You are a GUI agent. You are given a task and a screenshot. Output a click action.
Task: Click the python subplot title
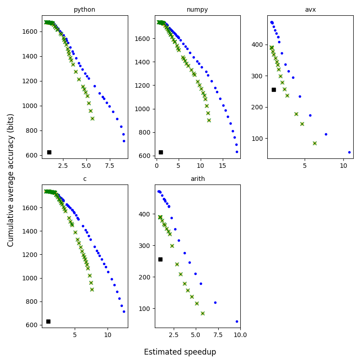coord(85,9)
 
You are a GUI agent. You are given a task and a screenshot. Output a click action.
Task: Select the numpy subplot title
coord(197,9)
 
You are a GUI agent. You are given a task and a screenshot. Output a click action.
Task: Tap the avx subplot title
coord(310,9)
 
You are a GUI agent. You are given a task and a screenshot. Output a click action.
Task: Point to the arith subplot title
coord(197,179)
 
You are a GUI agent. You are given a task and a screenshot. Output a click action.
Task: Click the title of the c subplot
coord(85,179)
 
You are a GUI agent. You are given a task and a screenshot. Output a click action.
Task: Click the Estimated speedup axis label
coord(180,352)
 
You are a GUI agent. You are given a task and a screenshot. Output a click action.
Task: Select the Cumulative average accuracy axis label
coord(11,180)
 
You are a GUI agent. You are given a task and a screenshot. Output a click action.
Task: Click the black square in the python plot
coord(49,152)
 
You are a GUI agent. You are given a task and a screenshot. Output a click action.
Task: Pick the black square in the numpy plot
coord(161,152)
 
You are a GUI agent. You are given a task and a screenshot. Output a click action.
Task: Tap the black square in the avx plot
coord(274,90)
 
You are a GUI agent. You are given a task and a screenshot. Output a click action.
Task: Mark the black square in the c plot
coord(48,321)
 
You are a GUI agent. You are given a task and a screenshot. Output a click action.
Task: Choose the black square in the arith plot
coord(160,259)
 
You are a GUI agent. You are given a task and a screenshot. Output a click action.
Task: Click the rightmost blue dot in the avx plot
coord(349,152)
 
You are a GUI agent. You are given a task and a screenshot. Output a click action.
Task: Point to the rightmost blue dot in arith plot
coord(237,321)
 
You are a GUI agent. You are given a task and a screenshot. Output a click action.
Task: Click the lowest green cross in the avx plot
coord(315,143)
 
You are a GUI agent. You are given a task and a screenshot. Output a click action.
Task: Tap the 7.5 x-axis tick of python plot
coord(109,165)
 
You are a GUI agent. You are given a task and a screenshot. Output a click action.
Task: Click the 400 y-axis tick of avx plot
coord(258,45)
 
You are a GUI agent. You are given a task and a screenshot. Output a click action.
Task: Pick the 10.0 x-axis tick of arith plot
coord(240,334)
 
